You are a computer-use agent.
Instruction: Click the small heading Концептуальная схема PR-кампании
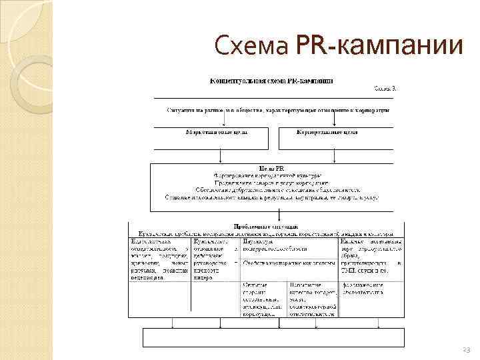(x=273, y=81)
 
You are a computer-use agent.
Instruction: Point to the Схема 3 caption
(x=383, y=89)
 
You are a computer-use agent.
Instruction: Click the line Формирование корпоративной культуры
(x=271, y=175)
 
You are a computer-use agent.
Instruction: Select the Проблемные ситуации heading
(x=261, y=227)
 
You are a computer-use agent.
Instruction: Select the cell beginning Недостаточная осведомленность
(x=159, y=260)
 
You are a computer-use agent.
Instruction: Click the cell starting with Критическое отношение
(x=214, y=260)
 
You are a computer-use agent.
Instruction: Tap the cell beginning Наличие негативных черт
(x=371, y=256)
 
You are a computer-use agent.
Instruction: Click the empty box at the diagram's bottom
(x=273, y=338)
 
